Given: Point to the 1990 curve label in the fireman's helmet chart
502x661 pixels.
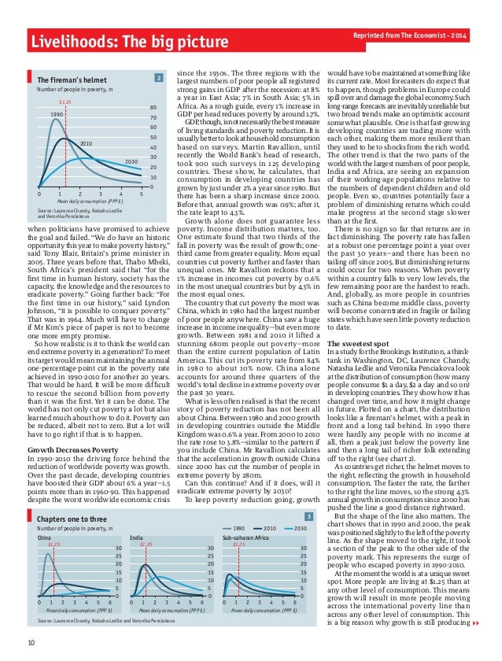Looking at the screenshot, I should [57, 115].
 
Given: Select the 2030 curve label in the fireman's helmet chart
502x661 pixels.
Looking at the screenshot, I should [131, 161].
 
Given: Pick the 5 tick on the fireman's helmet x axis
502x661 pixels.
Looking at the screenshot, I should [141, 194].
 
